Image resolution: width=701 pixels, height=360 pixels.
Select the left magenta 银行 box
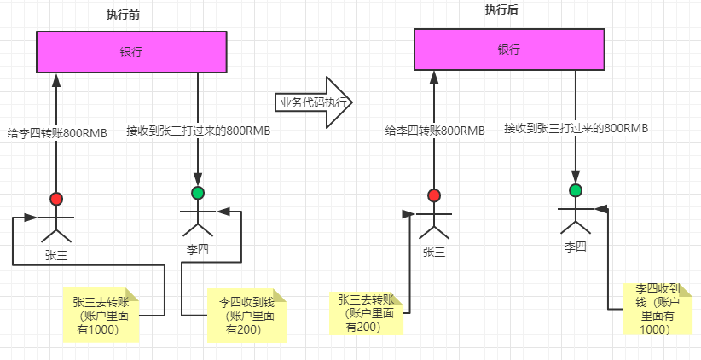(131, 52)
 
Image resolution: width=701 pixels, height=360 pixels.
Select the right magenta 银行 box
(509, 49)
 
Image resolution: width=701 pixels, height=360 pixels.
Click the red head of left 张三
(57, 200)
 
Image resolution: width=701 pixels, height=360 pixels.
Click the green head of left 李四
(199, 193)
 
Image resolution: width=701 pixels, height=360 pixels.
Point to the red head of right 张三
(434, 195)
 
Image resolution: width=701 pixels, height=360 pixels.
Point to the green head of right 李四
(576, 189)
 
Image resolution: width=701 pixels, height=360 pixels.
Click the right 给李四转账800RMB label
(435, 131)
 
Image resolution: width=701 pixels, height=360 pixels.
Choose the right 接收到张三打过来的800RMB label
(576, 128)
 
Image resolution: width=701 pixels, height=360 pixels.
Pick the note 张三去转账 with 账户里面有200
(366, 312)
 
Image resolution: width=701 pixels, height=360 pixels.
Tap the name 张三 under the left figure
(57, 254)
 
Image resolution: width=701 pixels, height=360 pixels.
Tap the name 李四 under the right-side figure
(576, 247)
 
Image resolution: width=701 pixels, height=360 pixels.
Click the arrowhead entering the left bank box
(57, 79)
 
